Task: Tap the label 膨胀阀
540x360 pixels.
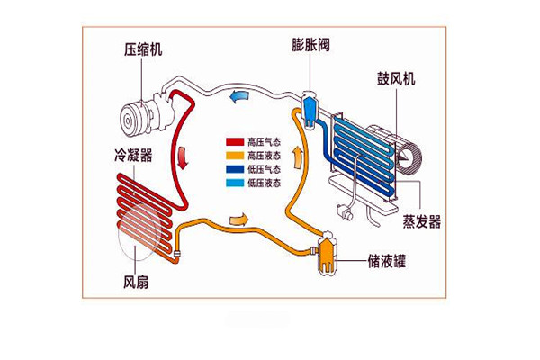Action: [310, 44]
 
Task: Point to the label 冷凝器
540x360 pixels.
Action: [133, 155]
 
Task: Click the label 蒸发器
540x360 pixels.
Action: [421, 222]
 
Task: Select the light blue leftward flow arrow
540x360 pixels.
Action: [239, 97]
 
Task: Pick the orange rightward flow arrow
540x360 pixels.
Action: [238, 220]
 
